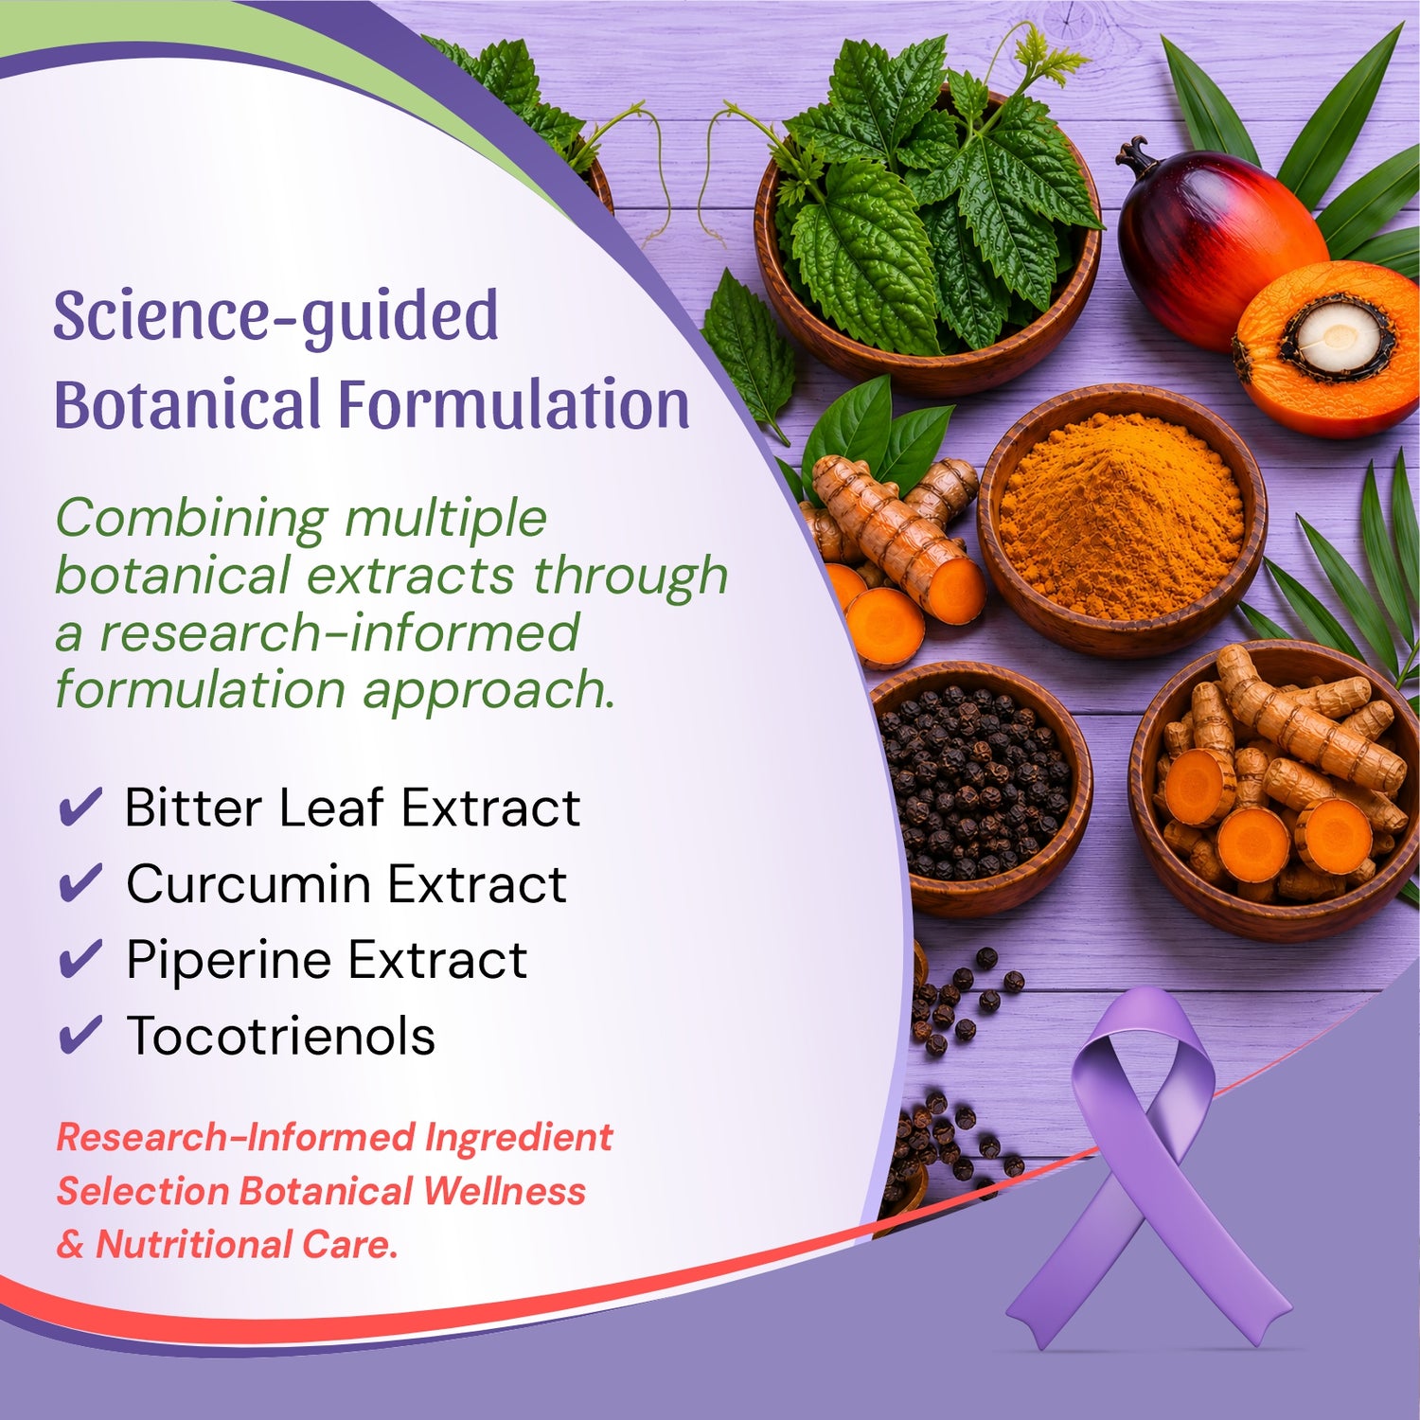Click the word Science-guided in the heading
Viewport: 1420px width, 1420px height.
(275, 317)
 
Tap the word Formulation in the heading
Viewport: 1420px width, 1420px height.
(514, 404)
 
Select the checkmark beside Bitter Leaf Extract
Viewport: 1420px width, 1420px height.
(80, 808)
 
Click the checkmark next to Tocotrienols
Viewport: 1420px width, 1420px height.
(80, 1035)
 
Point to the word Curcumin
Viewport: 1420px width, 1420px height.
(249, 884)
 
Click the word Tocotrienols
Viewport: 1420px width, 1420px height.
(281, 1036)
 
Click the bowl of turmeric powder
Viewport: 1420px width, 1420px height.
(1122, 520)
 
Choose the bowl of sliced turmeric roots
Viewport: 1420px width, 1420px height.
(1273, 791)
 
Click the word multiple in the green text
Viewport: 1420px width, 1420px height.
(445, 520)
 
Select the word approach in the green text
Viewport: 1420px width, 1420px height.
(488, 691)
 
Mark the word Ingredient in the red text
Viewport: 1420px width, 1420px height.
(519, 1138)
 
